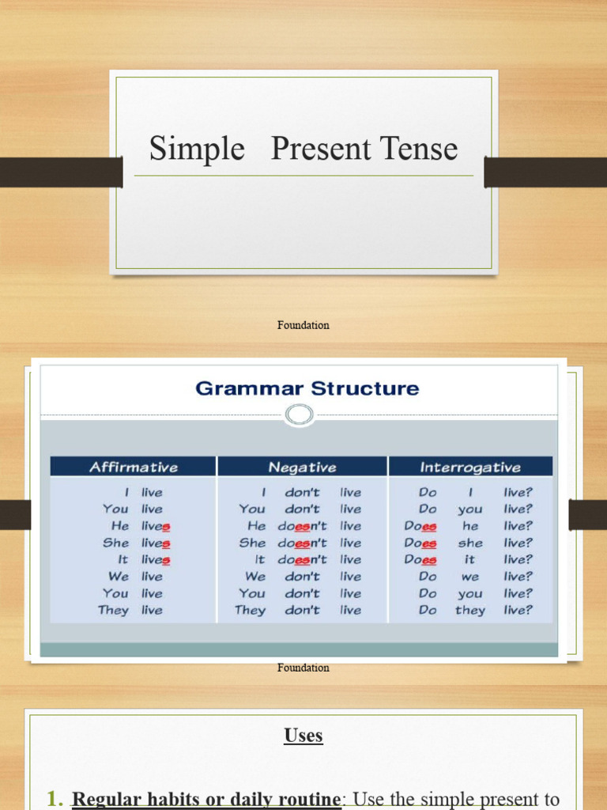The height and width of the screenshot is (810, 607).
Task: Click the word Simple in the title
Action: pyautogui.click(x=197, y=149)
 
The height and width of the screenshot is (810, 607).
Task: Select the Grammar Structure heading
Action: pyautogui.click(x=307, y=388)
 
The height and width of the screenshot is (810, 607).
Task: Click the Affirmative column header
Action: pyautogui.click(x=134, y=467)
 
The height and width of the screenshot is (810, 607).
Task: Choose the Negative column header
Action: pyautogui.click(x=302, y=467)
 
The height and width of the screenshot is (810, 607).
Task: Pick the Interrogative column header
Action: pyautogui.click(x=470, y=467)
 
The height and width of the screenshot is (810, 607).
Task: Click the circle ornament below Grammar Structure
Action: pyautogui.click(x=300, y=414)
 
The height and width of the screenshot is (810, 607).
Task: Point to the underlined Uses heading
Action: pyautogui.click(x=303, y=736)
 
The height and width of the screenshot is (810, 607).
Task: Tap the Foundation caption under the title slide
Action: pyautogui.click(x=303, y=325)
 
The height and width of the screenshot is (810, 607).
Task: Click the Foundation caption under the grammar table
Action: pyautogui.click(x=303, y=668)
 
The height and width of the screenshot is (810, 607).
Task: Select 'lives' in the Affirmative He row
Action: pyautogui.click(x=156, y=526)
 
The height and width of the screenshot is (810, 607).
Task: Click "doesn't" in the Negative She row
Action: pyautogui.click(x=302, y=543)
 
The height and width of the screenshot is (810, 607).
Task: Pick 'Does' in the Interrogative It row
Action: pyautogui.click(x=420, y=559)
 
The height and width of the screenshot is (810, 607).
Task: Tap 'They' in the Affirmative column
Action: pyautogui.click(x=113, y=610)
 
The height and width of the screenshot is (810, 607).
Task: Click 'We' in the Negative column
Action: pyautogui.click(x=255, y=577)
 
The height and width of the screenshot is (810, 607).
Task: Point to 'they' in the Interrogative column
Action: pyautogui.click(x=470, y=610)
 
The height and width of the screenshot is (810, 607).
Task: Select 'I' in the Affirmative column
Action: pyautogui.click(x=126, y=492)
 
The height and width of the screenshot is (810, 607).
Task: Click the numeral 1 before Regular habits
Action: pyautogui.click(x=53, y=799)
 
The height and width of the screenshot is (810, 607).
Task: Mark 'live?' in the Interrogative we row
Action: pyautogui.click(x=518, y=577)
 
